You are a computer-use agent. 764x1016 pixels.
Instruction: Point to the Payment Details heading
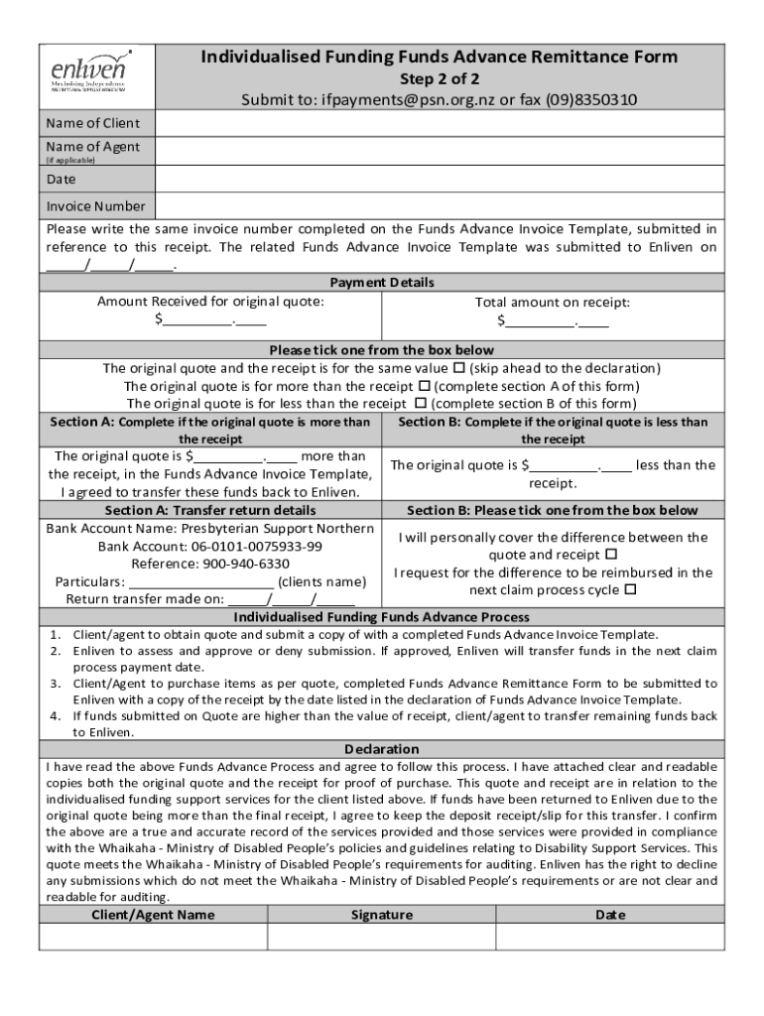coord(382,283)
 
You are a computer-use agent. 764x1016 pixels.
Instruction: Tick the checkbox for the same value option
coord(459,368)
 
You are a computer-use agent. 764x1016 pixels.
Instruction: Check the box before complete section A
coord(424,386)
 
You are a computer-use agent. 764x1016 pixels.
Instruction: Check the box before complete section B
coord(420,404)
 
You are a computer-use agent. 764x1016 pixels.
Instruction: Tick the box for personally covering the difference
coord(611,555)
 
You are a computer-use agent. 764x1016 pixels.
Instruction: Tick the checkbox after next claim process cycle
coord(630,590)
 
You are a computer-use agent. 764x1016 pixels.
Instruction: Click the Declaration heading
coord(382,749)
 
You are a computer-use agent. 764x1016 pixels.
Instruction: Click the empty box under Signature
coord(381,937)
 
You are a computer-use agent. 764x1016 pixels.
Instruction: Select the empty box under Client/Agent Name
coord(153,937)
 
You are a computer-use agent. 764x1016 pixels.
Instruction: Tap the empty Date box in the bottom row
coord(609,937)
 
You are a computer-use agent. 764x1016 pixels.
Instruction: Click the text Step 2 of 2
coord(440,78)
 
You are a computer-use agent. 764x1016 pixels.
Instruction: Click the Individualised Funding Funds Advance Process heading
coord(382,617)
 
